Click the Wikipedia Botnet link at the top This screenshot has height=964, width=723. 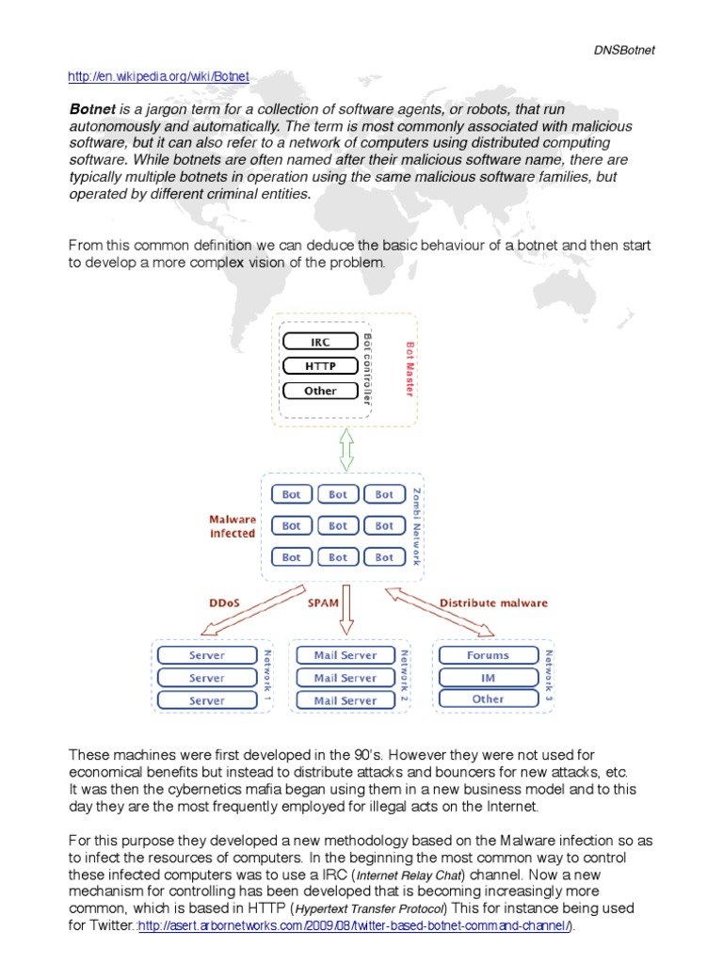coord(159,75)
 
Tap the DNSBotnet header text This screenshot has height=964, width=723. coord(624,50)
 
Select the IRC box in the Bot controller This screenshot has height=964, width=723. coord(320,342)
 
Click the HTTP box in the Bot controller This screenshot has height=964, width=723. coord(320,366)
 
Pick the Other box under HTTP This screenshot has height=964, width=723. coord(320,391)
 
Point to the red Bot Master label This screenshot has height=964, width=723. coord(409,369)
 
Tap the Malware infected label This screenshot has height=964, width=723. coord(232,525)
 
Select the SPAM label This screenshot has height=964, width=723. coord(323,602)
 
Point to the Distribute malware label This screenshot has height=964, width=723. coord(492,602)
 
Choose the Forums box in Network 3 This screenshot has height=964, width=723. coord(487,655)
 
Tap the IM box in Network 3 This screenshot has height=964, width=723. coord(487,678)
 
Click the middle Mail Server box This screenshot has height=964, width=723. coord(345,678)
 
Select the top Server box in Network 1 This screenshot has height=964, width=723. coord(206,655)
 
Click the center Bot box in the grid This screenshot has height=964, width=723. coord(338,526)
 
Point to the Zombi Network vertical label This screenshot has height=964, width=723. coord(417,526)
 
